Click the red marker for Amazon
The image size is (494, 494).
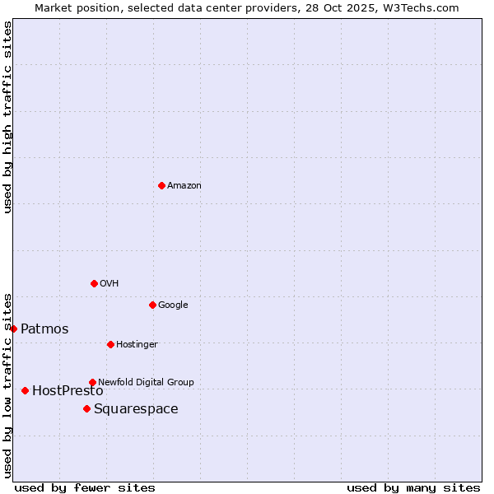pyautogui.click(x=161, y=186)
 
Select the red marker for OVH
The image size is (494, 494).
pyautogui.click(x=94, y=283)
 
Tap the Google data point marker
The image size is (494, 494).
pyautogui.click(x=152, y=305)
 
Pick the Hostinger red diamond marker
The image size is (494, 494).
pyautogui.click(x=110, y=344)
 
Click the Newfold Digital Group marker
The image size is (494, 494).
pyautogui.click(x=92, y=383)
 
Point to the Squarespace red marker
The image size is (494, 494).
pyautogui.click(x=86, y=409)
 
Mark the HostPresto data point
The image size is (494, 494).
pyautogui.click(x=25, y=390)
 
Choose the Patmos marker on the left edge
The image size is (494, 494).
pyautogui.click(x=13, y=329)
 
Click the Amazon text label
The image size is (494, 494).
pyautogui.click(x=184, y=186)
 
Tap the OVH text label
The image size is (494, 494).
pyautogui.click(x=110, y=284)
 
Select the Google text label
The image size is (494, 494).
pyautogui.click(x=173, y=305)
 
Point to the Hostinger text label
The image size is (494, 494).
pyautogui.click(x=137, y=344)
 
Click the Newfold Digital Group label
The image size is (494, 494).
pyautogui.click(x=146, y=383)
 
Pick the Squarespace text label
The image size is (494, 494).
pyautogui.click(x=136, y=409)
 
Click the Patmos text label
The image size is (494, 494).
pyautogui.click(x=44, y=329)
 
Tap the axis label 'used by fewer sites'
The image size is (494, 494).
pyautogui.click(x=85, y=487)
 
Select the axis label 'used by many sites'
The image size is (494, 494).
pyautogui.click(x=413, y=487)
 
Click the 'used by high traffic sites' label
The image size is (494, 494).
pyautogui.click(x=7, y=117)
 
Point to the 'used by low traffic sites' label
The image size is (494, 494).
pyautogui.click(x=7, y=385)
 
